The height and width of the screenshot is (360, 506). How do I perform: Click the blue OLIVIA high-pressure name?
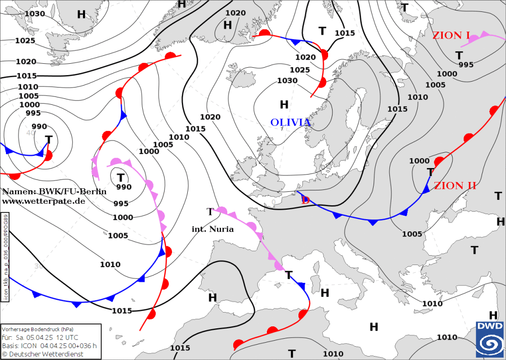[291, 123]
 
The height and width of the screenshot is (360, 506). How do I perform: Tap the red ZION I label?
[451, 36]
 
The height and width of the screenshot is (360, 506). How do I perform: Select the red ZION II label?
[455, 186]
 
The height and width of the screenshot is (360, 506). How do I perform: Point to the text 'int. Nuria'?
[212, 229]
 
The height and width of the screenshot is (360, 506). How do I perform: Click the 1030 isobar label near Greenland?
[35, 13]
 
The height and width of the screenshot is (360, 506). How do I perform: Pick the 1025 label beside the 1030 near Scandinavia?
[299, 70]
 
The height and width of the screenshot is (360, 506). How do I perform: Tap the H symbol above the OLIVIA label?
[284, 104]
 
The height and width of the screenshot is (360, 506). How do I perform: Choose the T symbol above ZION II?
[430, 172]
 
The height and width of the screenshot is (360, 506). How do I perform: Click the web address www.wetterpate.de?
[43, 201]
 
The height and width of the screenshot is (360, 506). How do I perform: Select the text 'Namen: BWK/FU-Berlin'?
[54, 191]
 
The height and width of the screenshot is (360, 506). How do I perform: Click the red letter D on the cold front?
[305, 200]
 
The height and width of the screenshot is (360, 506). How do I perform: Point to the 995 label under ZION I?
[466, 65]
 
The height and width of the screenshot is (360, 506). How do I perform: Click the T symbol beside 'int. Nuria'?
[210, 212]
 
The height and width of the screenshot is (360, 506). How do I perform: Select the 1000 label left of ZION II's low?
[420, 161]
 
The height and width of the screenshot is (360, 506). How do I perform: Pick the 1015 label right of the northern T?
[345, 33]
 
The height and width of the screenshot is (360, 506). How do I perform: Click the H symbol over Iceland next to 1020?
[227, 24]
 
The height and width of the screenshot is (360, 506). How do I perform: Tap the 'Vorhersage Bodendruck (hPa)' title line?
[39, 329]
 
